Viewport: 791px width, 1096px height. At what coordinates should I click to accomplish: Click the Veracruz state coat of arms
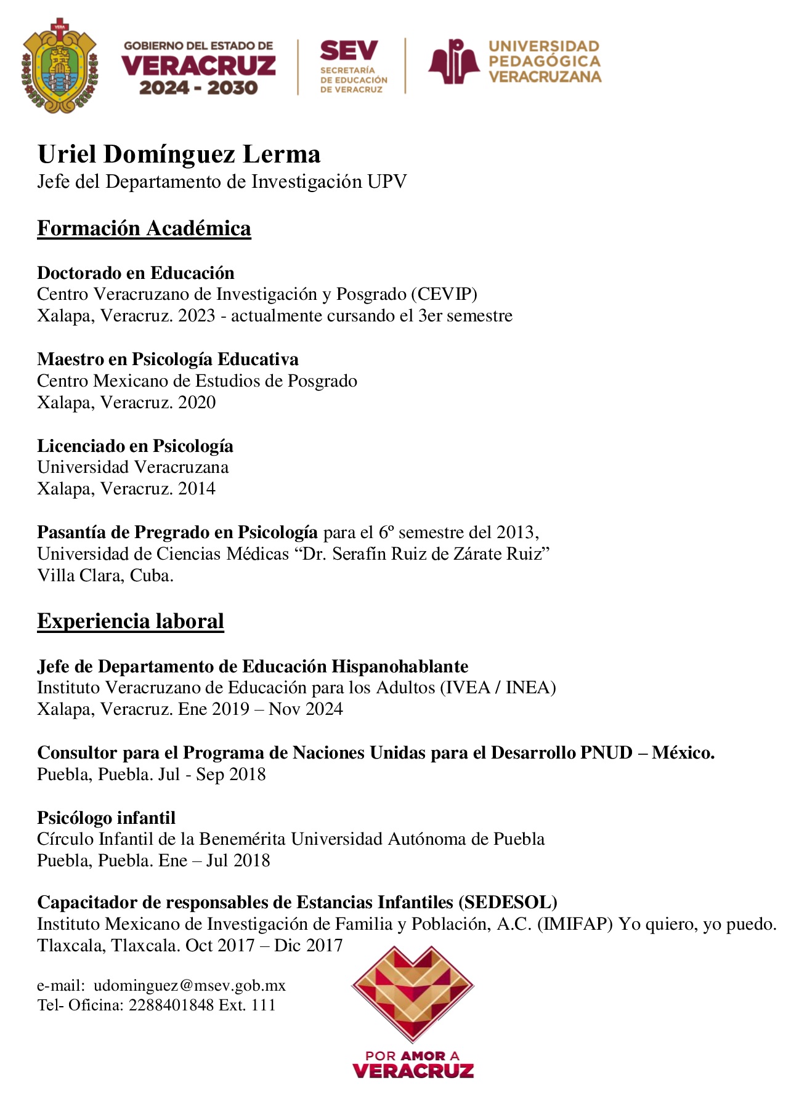pos(60,66)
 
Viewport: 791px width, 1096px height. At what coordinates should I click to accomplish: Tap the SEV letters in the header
pos(349,50)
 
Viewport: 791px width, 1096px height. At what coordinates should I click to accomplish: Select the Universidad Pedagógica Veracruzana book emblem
pos(454,62)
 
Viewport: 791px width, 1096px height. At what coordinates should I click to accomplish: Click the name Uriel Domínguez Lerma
pos(179,154)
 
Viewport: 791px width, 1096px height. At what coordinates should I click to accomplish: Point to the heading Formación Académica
pos(144,228)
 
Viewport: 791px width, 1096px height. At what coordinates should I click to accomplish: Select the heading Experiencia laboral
pos(131,621)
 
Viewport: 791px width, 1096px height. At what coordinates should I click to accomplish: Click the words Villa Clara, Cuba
pos(105,576)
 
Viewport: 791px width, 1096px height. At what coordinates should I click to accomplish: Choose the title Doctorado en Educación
pos(136,273)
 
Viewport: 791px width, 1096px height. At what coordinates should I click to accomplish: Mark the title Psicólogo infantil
pos(106,818)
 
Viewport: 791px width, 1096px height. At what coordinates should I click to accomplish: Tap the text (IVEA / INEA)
pos(498,687)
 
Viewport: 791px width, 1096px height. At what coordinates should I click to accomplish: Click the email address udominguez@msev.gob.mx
pos(190,986)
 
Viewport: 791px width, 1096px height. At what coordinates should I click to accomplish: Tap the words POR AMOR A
pos(412,1055)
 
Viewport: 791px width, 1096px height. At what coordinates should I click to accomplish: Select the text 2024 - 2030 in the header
pos(198,87)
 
